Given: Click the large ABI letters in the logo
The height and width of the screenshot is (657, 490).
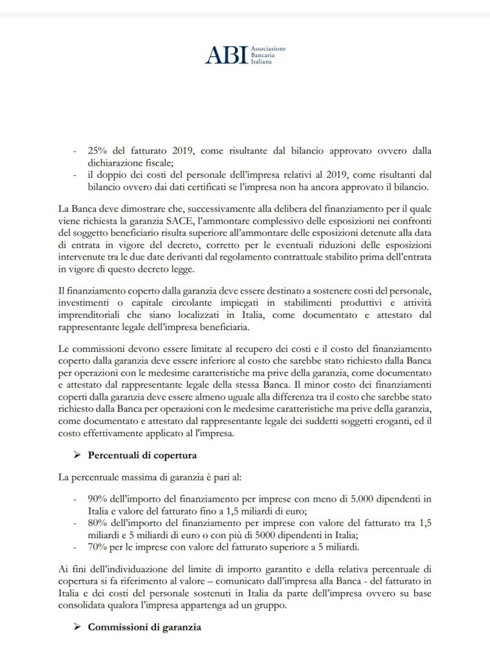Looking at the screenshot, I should (225, 55).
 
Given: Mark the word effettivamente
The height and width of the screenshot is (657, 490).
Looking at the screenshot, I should (113, 434).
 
